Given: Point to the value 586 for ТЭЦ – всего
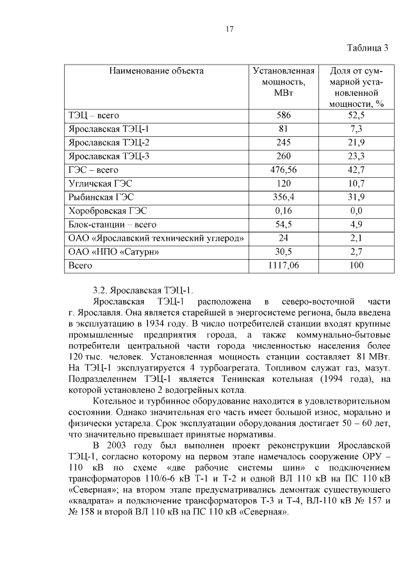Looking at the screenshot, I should tap(283, 116).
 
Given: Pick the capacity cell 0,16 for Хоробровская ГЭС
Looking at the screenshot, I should tap(283, 210).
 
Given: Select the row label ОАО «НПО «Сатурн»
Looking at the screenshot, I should tap(113, 251).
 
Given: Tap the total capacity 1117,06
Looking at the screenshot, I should tap(283, 265).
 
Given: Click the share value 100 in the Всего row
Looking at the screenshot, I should tap(356, 265).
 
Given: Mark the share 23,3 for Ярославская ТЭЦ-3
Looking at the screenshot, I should tap(356, 156).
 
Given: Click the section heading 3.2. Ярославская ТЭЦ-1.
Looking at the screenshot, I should tap(142, 289).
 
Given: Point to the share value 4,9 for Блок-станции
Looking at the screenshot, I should tap(356, 225).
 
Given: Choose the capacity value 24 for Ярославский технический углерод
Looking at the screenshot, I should tap(283, 238).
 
